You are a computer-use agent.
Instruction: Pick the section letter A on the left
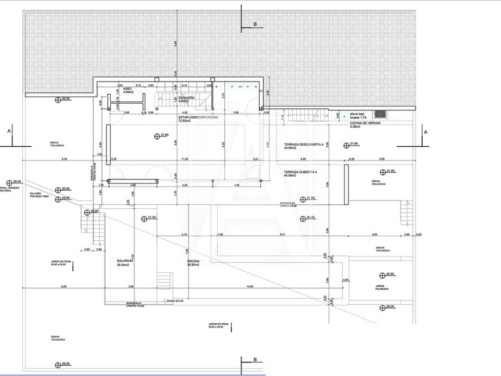pyautogui.click(x=9, y=131)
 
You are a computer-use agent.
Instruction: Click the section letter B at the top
pyautogui.click(x=256, y=23)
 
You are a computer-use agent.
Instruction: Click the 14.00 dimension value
pyautogui.click(x=250, y=287)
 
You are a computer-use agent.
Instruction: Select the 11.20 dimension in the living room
pyautogui.click(x=185, y=159)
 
